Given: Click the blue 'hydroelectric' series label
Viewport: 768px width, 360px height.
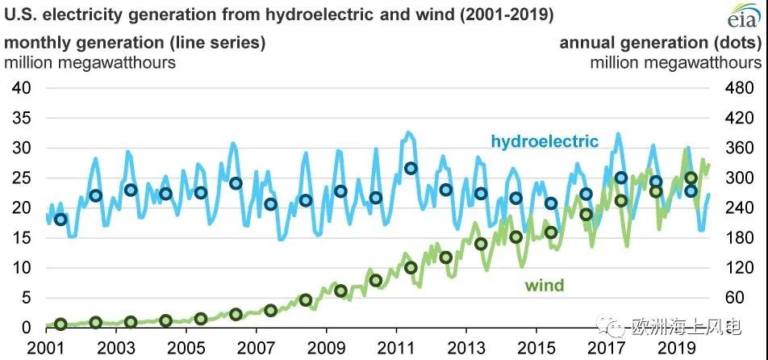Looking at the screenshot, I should click(545, 141).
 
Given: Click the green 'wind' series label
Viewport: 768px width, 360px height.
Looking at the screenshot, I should click(545, 285).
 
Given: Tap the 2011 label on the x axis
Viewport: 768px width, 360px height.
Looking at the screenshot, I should click(396, 349).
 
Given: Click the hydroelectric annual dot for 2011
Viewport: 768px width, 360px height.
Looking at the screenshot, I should click(411, 168).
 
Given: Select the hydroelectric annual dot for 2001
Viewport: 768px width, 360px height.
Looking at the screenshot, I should click(60, 220).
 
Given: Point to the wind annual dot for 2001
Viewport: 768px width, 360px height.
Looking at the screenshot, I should click(60, 324).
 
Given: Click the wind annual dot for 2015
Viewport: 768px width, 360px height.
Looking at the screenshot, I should click(551, 232).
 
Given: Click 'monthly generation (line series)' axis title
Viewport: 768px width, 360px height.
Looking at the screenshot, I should click(135, 44).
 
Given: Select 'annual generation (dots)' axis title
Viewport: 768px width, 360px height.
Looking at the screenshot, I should click(660, 44).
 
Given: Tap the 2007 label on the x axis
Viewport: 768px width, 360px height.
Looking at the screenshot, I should click(256, 349).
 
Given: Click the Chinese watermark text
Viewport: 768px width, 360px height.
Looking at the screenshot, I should click(686, 326).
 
